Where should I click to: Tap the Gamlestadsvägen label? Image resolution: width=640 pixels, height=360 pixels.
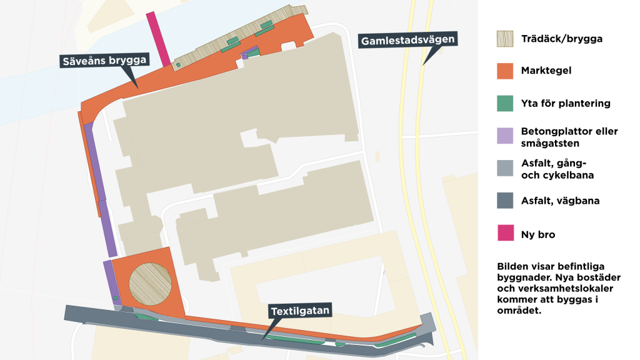407,41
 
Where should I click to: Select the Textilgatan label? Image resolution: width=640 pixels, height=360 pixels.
299,310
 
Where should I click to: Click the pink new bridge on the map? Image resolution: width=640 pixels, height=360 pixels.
157,39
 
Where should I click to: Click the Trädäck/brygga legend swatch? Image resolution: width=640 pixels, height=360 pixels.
505,39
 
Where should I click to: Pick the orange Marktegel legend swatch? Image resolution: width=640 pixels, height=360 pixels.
505,71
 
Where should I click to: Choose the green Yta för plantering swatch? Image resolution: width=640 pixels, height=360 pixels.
505,104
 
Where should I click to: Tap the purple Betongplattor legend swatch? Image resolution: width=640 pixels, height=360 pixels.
505,136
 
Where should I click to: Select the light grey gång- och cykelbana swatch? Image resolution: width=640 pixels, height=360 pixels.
505,169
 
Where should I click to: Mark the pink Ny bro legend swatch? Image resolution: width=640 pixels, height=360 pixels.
505,234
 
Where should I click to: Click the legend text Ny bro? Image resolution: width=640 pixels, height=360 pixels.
538,234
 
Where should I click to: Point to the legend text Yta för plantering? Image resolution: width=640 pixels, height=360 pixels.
566,104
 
